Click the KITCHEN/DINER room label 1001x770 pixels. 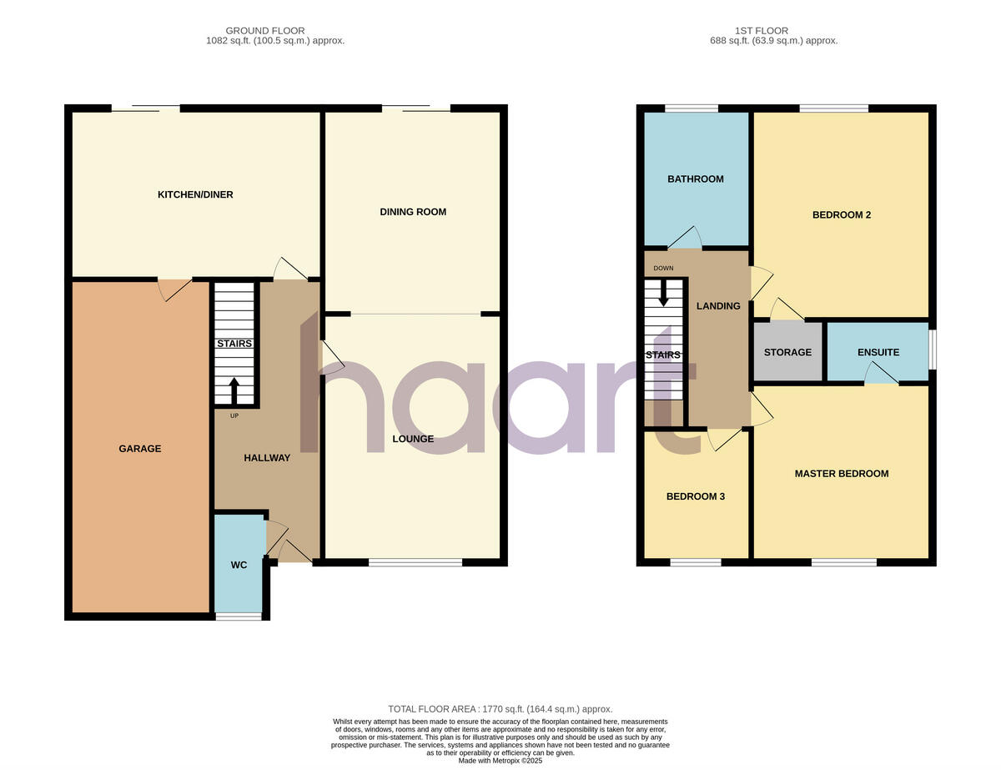point(195,194)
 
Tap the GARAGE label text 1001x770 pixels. point(139,449)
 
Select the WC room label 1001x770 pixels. point(239,565)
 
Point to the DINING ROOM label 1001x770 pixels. point(413,212)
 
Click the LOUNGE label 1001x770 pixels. point(413,439)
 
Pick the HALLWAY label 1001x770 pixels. point(267,457)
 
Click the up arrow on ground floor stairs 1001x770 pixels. point(234,390)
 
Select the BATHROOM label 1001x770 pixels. point(695,179)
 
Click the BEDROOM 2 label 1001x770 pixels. point(841,215)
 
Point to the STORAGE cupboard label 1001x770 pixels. point(787,352)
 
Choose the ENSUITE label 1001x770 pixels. point(878,352)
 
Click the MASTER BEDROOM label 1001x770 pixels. point(841,474)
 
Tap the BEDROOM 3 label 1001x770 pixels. point(695,496)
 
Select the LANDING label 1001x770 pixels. point(717,306)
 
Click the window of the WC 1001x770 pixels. point(239,617)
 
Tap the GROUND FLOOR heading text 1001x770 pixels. point(265,31)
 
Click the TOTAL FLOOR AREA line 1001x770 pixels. point(500,708)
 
